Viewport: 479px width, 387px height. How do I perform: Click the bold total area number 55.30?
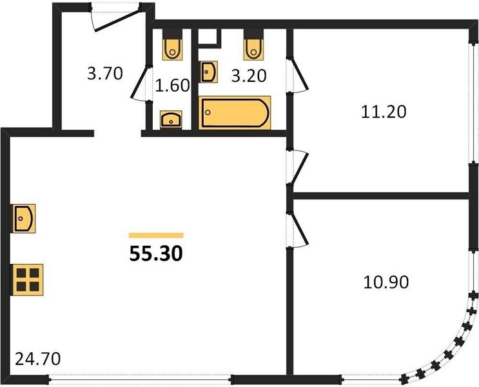coord(156,253)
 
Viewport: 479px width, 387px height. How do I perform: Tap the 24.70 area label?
coord(38,359)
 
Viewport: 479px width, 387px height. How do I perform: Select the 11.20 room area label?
coord(384,112)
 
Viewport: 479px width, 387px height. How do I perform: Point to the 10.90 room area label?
coord(386,282)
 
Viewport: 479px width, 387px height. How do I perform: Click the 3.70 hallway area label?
coord(105,74)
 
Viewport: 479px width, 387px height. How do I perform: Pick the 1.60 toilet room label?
coord(173,85)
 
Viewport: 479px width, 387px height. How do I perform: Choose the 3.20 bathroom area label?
coord(249,76)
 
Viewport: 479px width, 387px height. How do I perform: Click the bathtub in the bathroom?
coord(235,112)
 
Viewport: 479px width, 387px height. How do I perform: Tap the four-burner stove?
coord(28,280)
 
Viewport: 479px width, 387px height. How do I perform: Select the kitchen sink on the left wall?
coord(24,218)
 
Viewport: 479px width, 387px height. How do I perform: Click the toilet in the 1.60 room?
coord(173,48)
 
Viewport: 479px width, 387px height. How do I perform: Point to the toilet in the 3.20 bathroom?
coord(253,48)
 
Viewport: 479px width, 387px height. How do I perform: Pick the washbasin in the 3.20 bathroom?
coord(210,72)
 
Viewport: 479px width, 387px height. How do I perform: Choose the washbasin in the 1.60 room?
coord(171,119)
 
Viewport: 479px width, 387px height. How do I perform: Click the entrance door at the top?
coord(116,19)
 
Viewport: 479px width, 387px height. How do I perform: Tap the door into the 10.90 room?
coord(298,229)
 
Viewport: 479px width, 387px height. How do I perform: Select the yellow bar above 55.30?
coord(156,235)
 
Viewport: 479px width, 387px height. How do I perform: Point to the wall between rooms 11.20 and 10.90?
coord(381,195)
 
